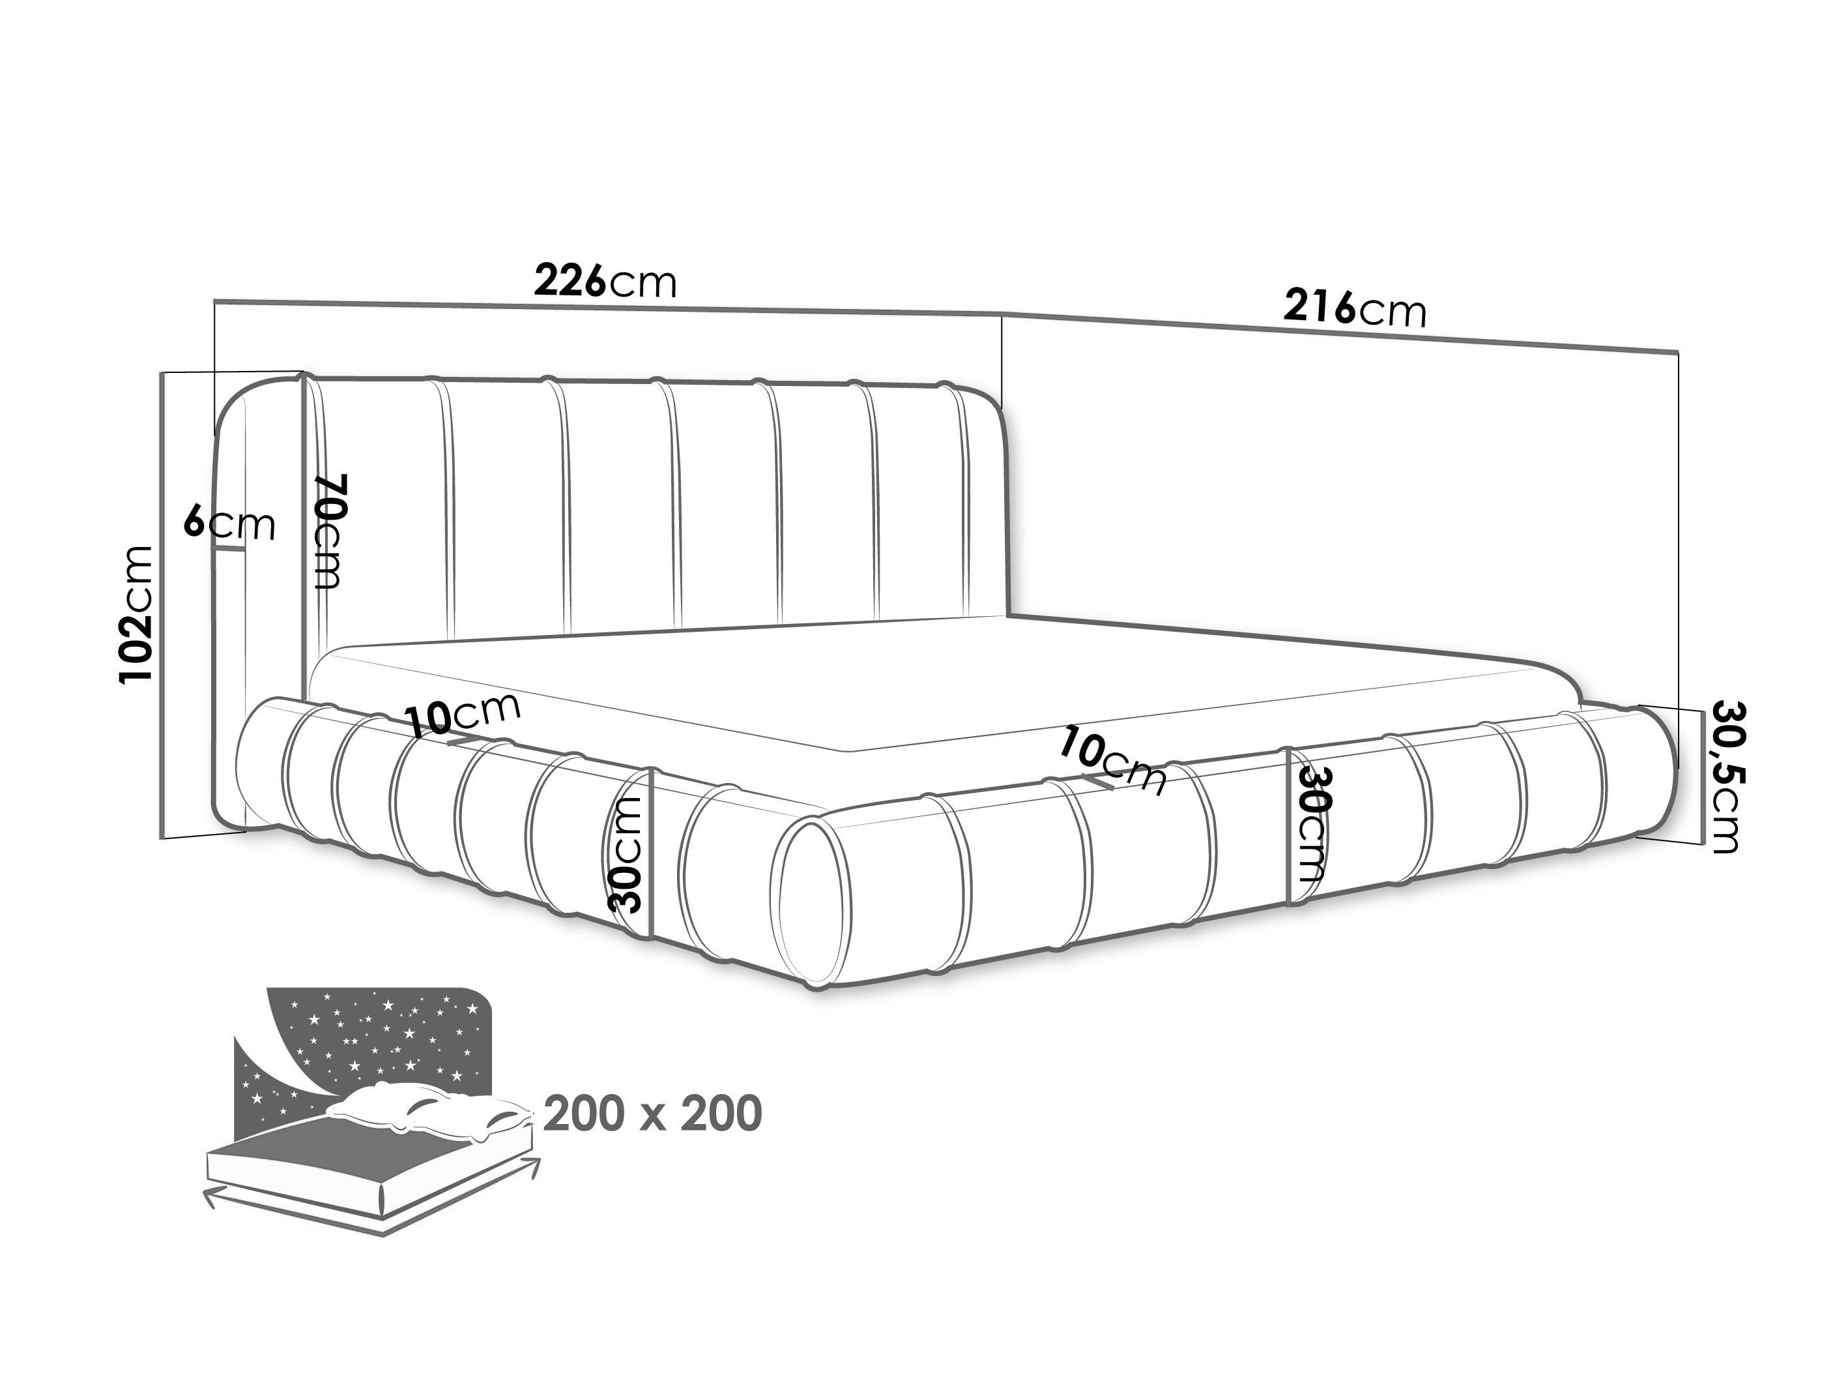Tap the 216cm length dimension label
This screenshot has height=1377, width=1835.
[x=1355, y=308]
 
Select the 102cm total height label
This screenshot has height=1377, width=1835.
[x=137, y=614]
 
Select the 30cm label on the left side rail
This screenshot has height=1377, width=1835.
[x=626, y=854]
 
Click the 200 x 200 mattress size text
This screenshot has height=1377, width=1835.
[x=653, y=1114]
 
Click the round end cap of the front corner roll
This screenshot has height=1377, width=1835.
[x=814, y=902]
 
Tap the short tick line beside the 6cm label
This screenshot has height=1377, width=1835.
[x=229, y=548]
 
